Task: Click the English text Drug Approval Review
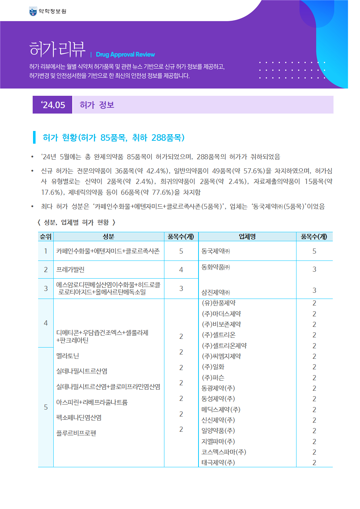pos(125,54)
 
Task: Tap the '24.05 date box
pos(53,105)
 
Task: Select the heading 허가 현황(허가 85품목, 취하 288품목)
pos(114,137)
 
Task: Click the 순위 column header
pos(46,237)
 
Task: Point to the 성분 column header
pos(109,237)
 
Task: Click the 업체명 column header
pos(247,237)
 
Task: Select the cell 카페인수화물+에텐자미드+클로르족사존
pos(108,251)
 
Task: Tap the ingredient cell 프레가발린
pos(70,270)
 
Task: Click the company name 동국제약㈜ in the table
pos(216,251)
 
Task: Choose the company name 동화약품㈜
pos(216,267)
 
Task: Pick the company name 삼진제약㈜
pos(216,292)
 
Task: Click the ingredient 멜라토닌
pos(67,356)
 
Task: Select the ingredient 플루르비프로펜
pos(76,433)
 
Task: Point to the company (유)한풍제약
pos(218,303)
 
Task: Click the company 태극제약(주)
pos(218,463)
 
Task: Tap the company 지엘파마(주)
pos(218,442)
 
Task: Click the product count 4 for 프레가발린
pos(181,270)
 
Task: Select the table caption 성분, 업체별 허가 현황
pos(76,222)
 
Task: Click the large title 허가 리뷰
pos(57,49)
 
